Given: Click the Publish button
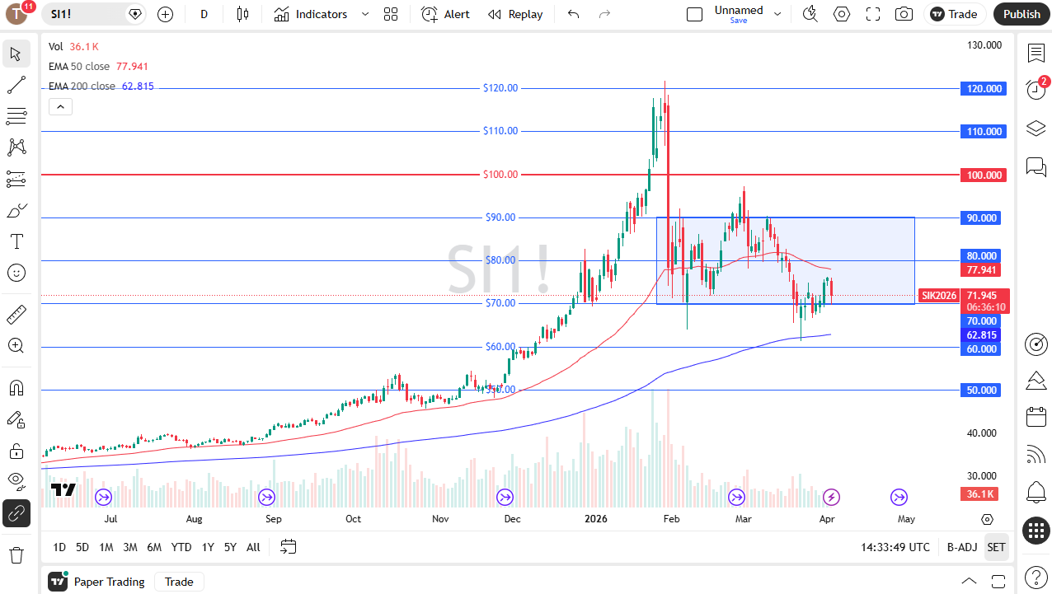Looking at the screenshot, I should pyautogui.click(x=1021, y=14).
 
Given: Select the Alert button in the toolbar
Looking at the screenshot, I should pyautogui.click(x=445, y=14).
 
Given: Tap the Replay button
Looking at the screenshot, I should pyautogui.click(x=515, y=14).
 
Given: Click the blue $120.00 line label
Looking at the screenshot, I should pyautogui.click(x=500, y=88).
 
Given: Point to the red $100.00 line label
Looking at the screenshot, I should pyautogui.click(x=500, y=175).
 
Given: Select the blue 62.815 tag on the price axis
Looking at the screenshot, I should pyautogui.click(x=982, y=335).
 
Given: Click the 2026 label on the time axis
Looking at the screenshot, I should pyautogui.click(x=595, y=519).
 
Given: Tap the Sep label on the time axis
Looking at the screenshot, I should pyautogui.click(x=274, y=519).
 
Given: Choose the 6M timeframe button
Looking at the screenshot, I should pyautogui.click(x=154, y=547).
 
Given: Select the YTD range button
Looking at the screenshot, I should pyautogui.click(x=181, y=547).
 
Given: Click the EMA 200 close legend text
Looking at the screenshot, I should pyautogui.click(x=82, y=87).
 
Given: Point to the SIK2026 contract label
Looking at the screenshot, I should pyautogui.click(x=939, y=296).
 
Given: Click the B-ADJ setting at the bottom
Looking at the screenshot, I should pyautogui.click(x=961, y=547).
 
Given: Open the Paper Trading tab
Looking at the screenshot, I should pyautogui.click(x=109, y=582).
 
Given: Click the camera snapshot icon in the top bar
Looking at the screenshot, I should pyautogui.click(x=904, y=14).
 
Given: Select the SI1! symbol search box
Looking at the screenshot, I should pyautogui.click(x=87, y=14).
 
